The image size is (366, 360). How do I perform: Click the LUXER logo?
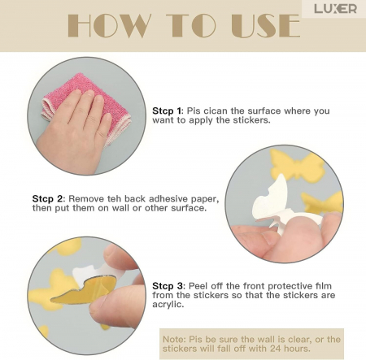335,9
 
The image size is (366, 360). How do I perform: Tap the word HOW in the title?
109,25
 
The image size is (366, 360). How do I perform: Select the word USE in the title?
266,25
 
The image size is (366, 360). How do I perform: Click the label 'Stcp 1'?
167,111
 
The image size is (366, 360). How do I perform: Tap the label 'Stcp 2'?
47,198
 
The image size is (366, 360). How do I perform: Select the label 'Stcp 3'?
168,286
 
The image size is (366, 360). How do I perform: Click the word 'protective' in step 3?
290,286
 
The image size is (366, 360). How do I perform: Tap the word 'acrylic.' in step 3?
168,305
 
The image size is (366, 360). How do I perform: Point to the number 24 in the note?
276,349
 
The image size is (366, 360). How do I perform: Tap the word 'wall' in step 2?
120,208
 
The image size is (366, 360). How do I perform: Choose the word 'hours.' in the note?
297,349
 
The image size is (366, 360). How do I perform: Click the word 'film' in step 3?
323,286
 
